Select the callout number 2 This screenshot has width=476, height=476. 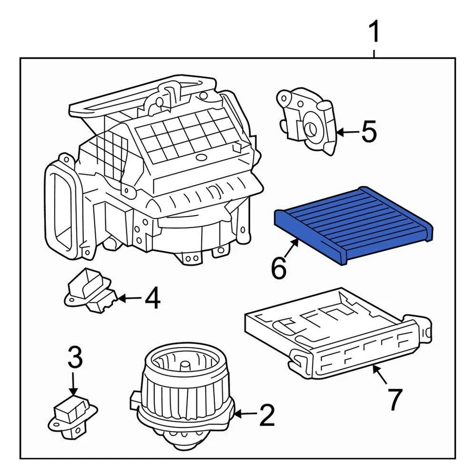(267, 416)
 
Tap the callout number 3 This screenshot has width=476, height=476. (74, 358)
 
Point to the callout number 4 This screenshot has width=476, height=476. (152, 299)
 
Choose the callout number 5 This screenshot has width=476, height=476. (369, 132)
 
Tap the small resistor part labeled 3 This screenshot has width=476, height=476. (73, 416)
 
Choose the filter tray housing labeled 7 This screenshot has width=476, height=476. (337, 332)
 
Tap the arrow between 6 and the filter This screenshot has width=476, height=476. (292, 248)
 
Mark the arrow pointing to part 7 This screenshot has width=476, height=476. (381, 375)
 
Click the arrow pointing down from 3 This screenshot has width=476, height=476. (73, 384)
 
